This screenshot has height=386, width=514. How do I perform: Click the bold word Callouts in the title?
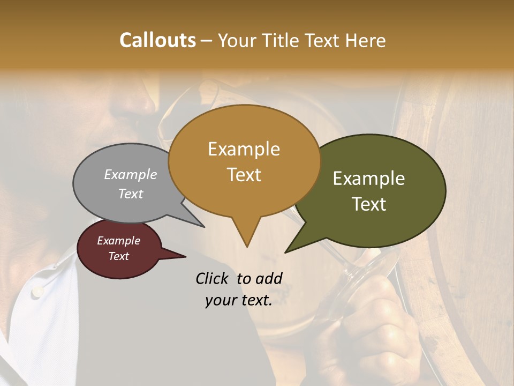(157, 40)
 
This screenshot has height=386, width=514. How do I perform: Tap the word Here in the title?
(365, 40)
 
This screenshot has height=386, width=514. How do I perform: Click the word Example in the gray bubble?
(131, 174)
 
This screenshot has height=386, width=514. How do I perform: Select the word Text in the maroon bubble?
(119, 256)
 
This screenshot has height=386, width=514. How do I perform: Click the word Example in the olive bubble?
(369, 179)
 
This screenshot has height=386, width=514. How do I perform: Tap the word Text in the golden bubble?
(244, 175)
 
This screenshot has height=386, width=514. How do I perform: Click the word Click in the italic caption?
(213, 278)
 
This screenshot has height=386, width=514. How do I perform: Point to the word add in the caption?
(269, 278)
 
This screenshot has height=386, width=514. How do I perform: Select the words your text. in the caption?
(239, 301)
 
